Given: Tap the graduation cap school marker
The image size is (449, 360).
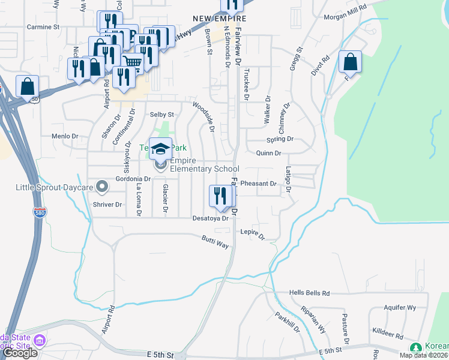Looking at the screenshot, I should (x=160, y=148).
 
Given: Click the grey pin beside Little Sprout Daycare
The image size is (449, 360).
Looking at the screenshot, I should (x=102, y=188).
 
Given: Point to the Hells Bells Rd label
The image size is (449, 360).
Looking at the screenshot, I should (x=310, y=293).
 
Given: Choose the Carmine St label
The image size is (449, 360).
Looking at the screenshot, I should (x=43, y=27).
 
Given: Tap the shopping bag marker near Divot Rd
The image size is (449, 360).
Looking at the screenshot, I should (x=350, y=62).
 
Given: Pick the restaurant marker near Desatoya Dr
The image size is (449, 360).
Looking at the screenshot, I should (x=220, y=196).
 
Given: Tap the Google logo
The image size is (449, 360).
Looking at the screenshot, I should (x=20, y=353).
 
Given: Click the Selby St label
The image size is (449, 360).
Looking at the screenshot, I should (x=161, y=114).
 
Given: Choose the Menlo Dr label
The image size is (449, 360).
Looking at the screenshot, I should (x=65, y=136).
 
